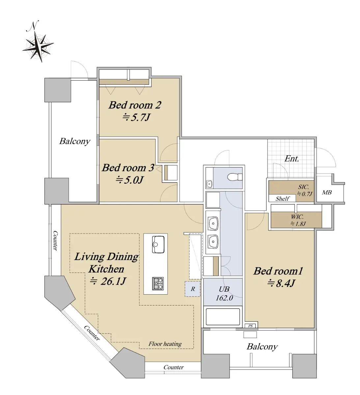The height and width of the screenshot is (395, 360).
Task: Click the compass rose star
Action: coord(38,46)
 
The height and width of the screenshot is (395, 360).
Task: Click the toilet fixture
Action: coord(235,177)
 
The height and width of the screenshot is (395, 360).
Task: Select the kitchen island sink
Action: coord(158,244)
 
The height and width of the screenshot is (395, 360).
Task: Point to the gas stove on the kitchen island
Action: coord(158,283)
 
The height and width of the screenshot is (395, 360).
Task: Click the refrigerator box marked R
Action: coord(192,289)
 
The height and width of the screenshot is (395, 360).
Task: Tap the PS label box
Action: coord(250,326)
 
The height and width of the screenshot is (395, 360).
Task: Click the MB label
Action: coord(327,192)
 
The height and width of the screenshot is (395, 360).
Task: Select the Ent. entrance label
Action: coord(291,159)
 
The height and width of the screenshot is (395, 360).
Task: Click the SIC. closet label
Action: coord(303,187)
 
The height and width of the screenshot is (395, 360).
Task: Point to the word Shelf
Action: coord(282,198)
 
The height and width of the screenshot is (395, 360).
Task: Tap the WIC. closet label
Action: coord(297,217)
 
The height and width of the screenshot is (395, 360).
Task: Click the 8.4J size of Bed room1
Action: coord(281,283)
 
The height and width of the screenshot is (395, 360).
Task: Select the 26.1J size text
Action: coord(108,281)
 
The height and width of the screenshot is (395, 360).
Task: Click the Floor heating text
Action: coord(165,344)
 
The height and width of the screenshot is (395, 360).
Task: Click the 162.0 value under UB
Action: coord(224,298)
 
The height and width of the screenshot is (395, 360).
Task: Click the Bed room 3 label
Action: coord(128,168)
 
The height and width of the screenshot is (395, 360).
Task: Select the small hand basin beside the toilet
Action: coord(209,184)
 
